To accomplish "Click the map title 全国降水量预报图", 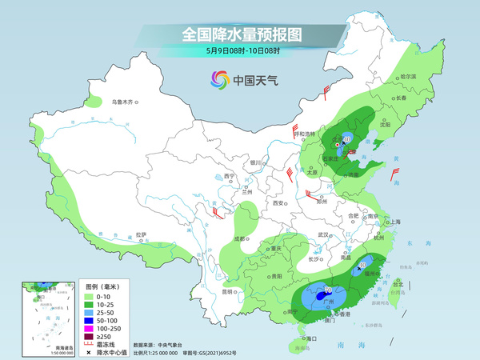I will pos(242,34).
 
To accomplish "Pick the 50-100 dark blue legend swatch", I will pos(91,320).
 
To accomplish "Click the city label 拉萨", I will pos(142,234).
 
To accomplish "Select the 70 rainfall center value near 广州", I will pos(328,289).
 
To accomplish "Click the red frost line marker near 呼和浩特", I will pos(297,128).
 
